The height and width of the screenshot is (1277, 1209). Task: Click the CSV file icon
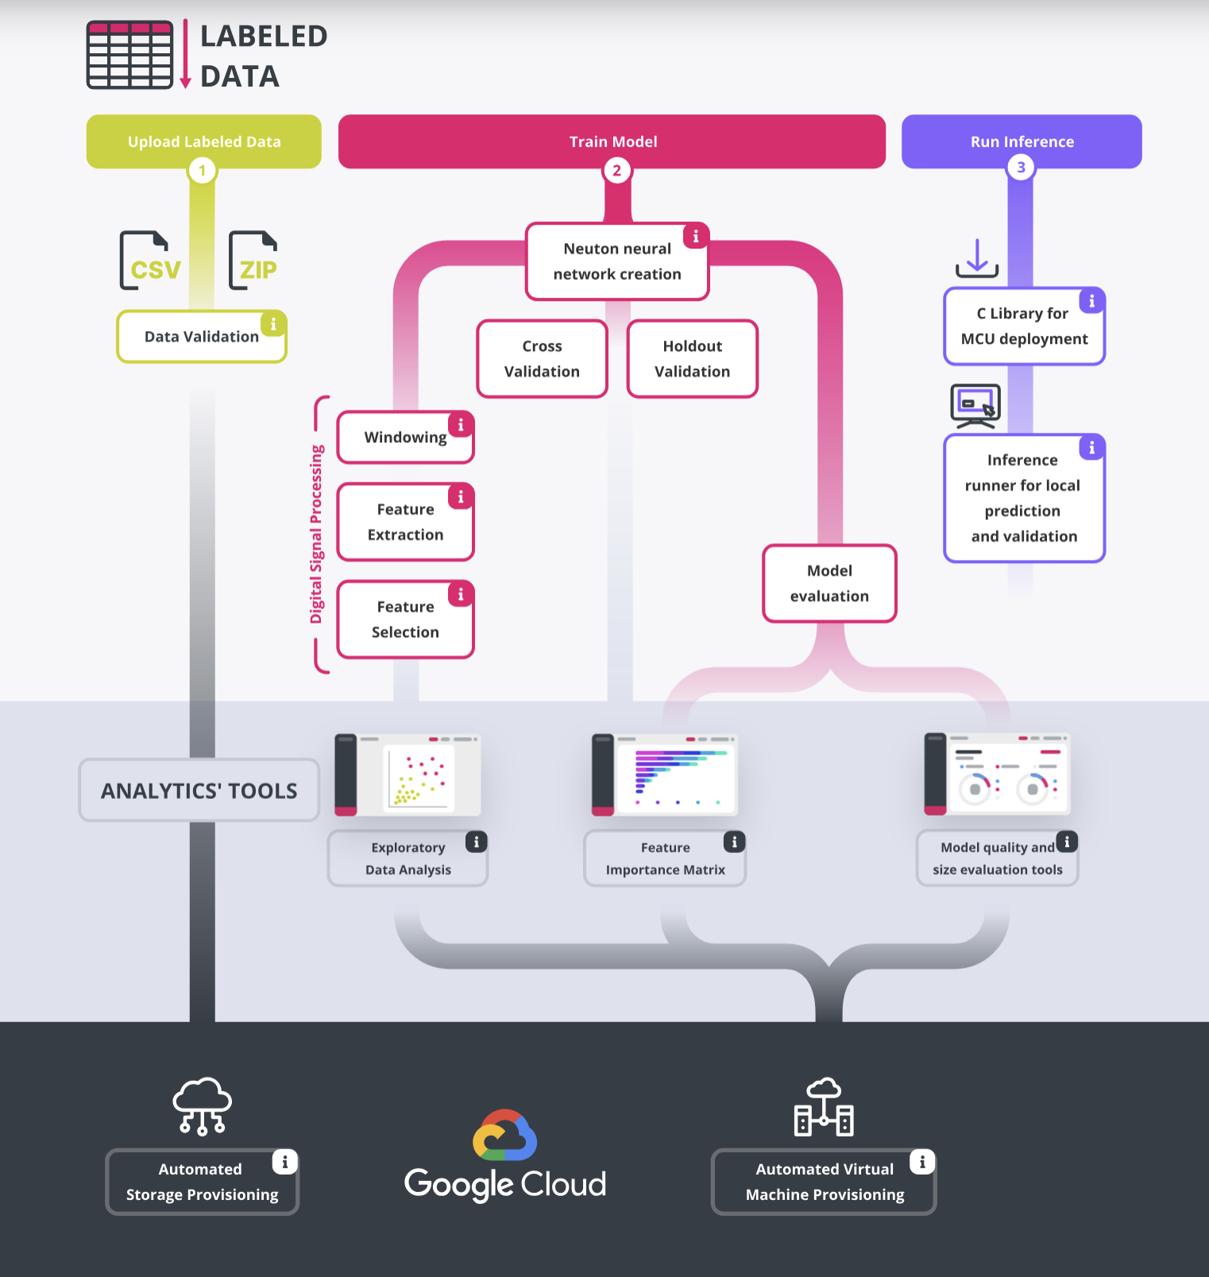coord(150,260)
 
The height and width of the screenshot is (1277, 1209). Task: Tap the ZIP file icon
coord(253,260)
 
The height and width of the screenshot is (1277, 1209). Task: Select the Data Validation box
coord(202,337)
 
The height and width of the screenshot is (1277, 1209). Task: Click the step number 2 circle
coord(617,170)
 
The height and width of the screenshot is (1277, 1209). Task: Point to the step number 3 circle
coord(1021,168)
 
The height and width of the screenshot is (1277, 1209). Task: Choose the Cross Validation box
coord(542,359)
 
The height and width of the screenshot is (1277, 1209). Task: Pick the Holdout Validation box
coord(692,359)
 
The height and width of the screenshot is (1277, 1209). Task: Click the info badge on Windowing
coord(461,425)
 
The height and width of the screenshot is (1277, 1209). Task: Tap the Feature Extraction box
coord(405,523)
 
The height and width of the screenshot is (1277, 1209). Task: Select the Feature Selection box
coord(405,619)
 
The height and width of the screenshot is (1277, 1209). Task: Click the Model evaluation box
coord(829,584)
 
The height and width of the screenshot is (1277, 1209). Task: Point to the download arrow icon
coord(977,258)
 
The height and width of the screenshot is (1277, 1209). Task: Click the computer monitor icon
coord(975,406)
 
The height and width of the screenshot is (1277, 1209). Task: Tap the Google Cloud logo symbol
coord(505,1135)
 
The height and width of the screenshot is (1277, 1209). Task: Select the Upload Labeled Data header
coord(204,141)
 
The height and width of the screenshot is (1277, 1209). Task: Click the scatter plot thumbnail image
coord(408,775)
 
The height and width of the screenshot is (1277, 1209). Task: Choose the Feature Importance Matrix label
coord(665,858)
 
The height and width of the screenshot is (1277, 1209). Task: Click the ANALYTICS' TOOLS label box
coord(199,790)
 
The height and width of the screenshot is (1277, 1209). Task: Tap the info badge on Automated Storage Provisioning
coord(284,1162)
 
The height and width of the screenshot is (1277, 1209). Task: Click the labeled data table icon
coord(129,55)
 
